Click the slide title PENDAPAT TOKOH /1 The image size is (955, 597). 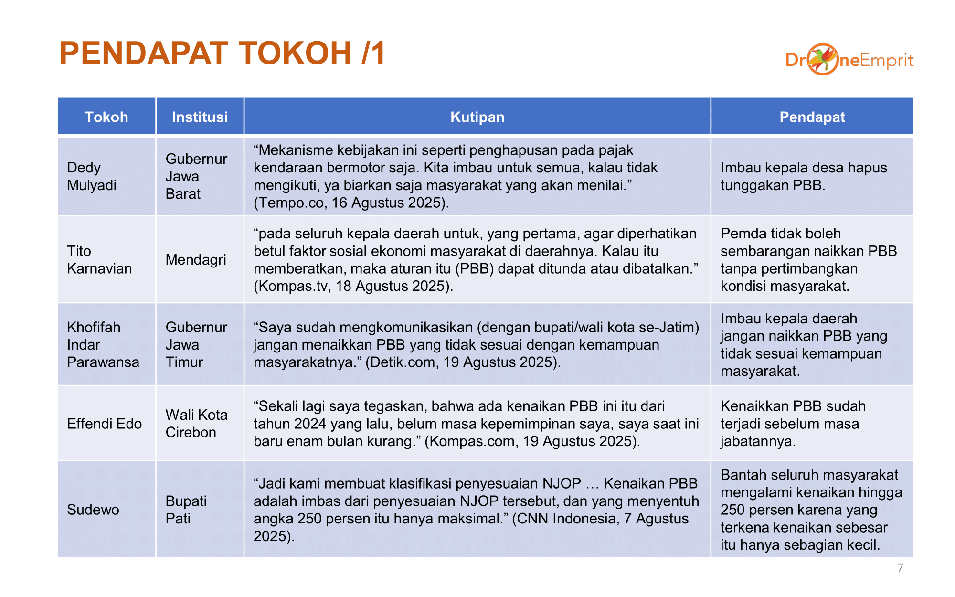[222, 53]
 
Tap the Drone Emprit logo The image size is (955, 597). [849, 60]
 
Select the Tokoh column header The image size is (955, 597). [106, 117]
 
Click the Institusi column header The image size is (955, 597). [200, 117]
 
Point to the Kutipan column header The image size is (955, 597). [477, 117]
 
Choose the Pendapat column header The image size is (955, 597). [812, 117]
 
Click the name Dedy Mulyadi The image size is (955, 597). [92, 176]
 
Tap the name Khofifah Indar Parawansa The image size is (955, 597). [103, 344]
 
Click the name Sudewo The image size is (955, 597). [93, 510]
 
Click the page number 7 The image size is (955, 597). [900, 568]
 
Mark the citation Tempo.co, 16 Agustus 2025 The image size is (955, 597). [351, 203]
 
